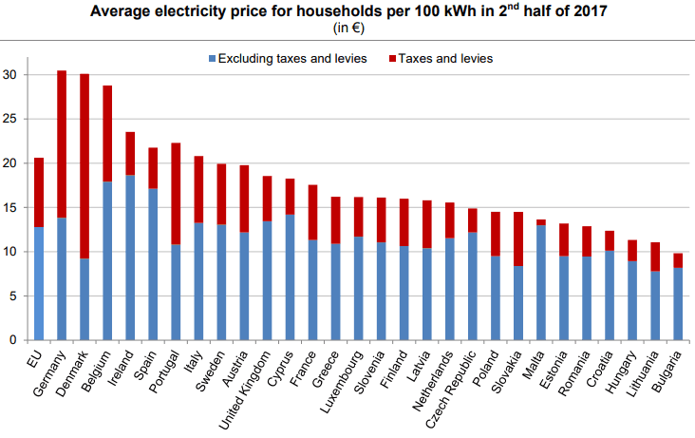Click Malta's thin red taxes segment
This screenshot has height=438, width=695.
click(x=541, y=222)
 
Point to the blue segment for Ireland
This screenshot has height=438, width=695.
click(x=130, y=257)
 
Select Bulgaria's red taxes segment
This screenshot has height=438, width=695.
click(x=678, y=260)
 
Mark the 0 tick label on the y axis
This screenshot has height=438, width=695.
click(x=12, y=340)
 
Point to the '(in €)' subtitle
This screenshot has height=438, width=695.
click(x=347, y=29)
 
